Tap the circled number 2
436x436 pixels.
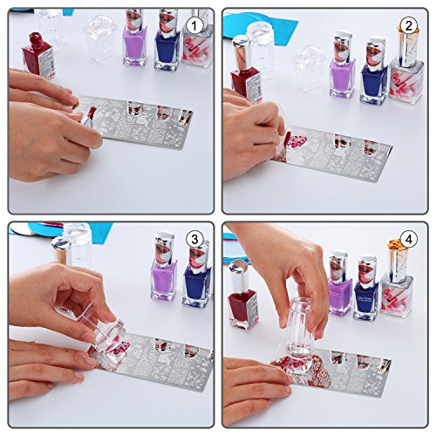(x=408, y=24)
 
